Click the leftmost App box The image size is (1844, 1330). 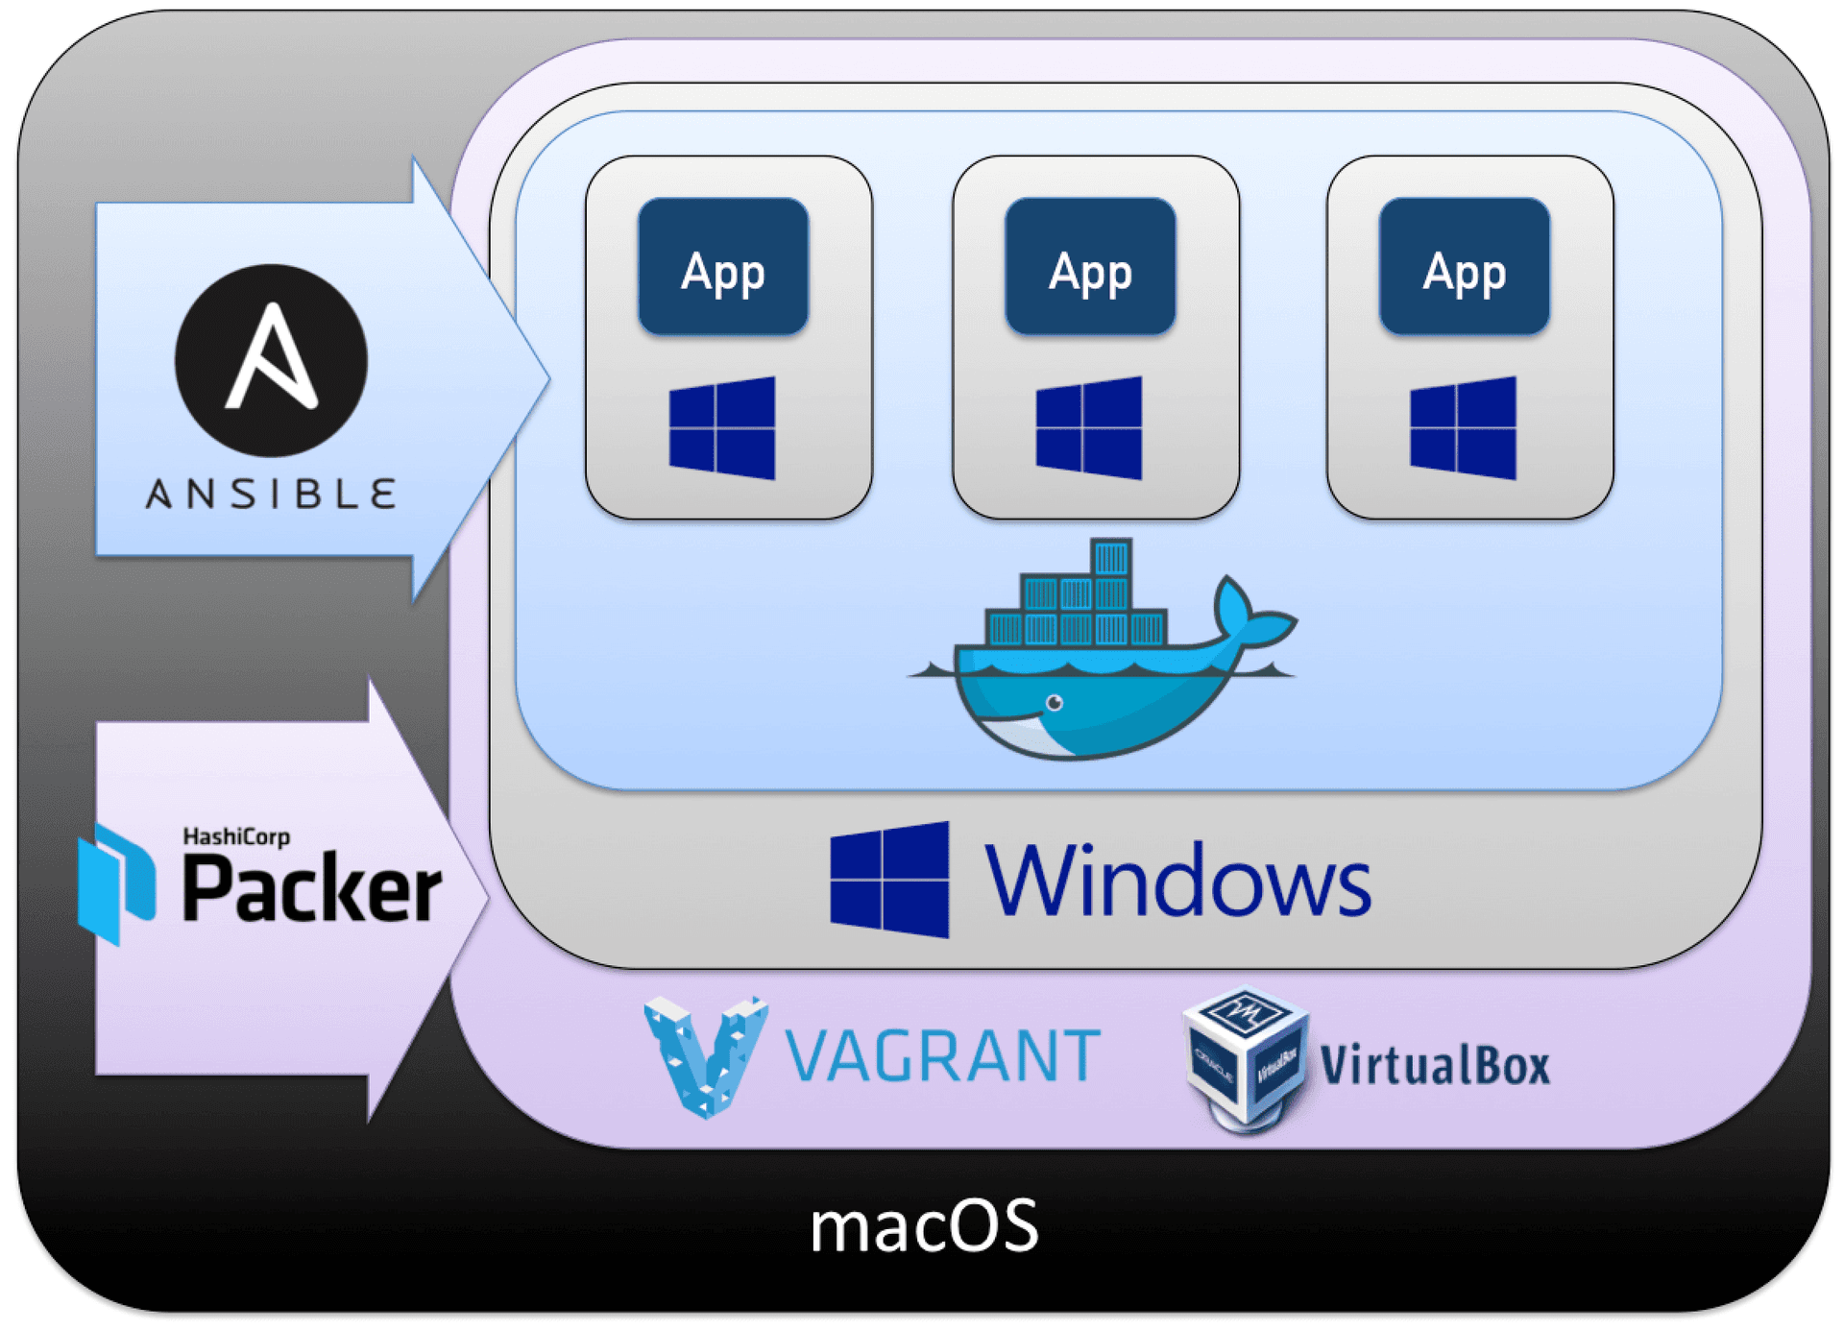pyautogui.click(x=723, y=266)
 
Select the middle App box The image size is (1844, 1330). pyautogui.click(x=1090, y=266)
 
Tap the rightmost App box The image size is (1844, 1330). pyautogui.click(x=1464, y=266)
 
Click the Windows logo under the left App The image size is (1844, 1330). pyautogui.click(x=722, y=427)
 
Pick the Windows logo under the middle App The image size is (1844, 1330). pyautogui.click(x=1089, y=427)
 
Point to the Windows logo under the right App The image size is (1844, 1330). pyautogui.click(x=1463, y=427)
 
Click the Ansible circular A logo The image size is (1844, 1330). pyautogui.click(x=271, y=360)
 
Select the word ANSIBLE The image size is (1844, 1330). pyautogui.click(x=271, y=495)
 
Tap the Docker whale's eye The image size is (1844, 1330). pyautogui.click(x=1055, y=703)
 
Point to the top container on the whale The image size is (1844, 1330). pyautogui.click(x=1111, y=557)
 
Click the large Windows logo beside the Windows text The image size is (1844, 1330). pyautogui.click(x=889, y=880)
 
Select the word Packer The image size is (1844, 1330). pyautogui.click(x=312, y=888)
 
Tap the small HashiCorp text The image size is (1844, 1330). pyautogui.click(x=236, y=836)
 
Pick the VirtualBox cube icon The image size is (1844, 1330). pyautogui.click(x=1247, y=1056)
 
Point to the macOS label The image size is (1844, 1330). pyautogui.click(x=924, y=1226)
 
